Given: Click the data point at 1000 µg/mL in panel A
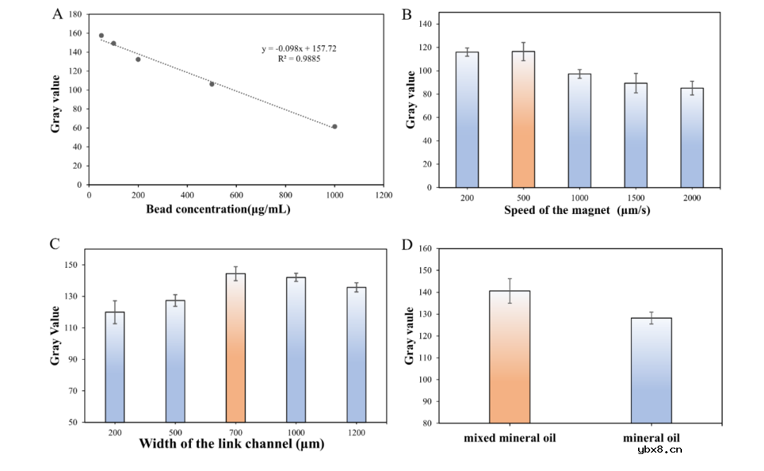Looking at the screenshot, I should [x=335, y=127].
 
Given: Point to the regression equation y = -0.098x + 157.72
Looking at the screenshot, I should [x=299, y=49].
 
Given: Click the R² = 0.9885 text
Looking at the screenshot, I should [x=299, y=59].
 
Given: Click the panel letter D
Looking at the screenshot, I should [x=407, y=245].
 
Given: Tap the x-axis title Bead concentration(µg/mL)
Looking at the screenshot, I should [x=219, y=209].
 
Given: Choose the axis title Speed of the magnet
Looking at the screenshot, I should [x=577, y=210].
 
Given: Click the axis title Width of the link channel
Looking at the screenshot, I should [x=232, y=445].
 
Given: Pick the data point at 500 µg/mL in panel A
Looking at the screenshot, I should [x=212, y=84].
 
